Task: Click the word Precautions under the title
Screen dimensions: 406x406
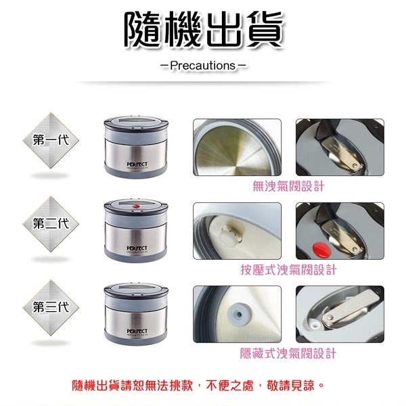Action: pyautogui.click(x=202, y=66)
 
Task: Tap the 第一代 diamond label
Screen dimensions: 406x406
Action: pyautogui.click(x=51, y=140)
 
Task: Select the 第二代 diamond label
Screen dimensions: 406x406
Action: pyautogui.click(x=51, y=223)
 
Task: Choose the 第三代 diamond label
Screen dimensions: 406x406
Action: pyautogui.click(x=51, y=307)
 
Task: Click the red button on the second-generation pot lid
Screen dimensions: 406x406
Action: pyautogui.click(x=137, y=206)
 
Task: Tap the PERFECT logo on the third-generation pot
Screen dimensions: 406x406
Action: pyautogui.click(x=137, y=330)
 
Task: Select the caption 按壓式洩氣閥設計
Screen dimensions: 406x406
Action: pyautogui.click(x=288, y=270)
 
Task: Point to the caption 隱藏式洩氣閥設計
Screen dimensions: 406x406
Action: pyautogui.click(x=288, y=353)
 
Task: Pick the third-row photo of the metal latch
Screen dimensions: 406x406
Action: pyautogui.click(x=340, y=315)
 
